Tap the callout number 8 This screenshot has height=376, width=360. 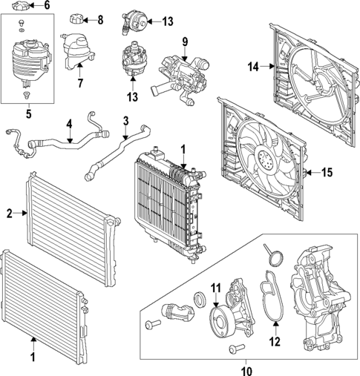point(101,19)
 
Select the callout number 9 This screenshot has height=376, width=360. point(186,41)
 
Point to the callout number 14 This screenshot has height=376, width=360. point(252,67)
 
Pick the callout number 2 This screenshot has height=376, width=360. point(10,214)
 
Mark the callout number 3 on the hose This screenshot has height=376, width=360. point(125,120)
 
